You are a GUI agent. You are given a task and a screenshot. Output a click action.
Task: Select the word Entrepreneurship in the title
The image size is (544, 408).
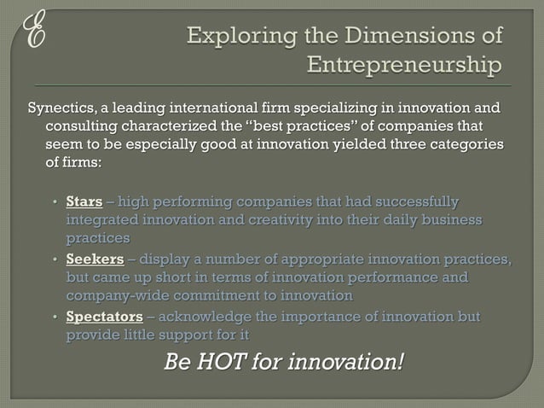(x=404, y=65)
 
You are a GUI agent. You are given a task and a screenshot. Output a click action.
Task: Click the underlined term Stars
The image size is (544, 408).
(x=84, y=202)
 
